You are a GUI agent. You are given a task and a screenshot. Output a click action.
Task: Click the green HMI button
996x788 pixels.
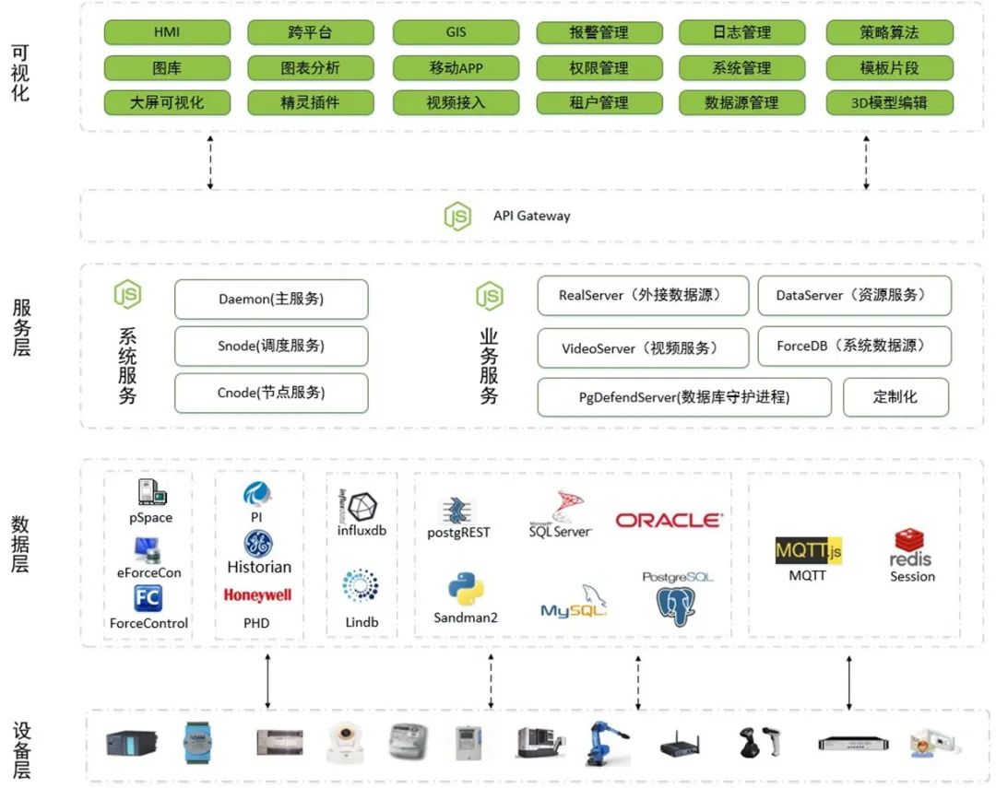click(x=167, y=32)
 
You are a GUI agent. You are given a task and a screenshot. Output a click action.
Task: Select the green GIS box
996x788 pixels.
click(x=456, y=32)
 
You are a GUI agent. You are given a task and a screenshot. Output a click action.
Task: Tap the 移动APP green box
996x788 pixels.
click(x=456, y=68)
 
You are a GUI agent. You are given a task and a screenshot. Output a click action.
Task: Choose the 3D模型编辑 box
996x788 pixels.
click(x=889, y=102)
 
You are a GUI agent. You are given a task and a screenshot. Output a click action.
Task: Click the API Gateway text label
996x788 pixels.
click(x=531, y=216)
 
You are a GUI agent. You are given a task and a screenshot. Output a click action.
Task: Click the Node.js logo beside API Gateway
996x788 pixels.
click(x=457, y=216)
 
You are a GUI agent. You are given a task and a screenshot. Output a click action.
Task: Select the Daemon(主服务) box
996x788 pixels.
click(x=271, y=300)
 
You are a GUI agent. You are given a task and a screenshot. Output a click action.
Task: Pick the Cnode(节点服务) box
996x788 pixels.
click(x=271, y=393)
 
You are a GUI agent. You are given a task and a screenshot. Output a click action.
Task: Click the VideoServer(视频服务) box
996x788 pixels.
click(x=642, y=348)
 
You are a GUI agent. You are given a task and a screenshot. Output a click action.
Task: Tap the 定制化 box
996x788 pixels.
click(x=895, y=397)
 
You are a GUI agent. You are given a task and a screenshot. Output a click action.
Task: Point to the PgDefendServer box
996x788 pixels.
click(x=684, y=397)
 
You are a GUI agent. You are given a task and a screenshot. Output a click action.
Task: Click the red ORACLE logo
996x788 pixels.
click(x=669, y=521)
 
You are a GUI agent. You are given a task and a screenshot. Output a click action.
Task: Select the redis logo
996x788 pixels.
click(x=910, y=547)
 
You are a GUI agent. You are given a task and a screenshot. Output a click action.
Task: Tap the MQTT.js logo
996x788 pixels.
click(x=808, y=551)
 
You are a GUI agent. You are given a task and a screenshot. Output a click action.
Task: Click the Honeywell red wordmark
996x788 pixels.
click(x=257, y=595)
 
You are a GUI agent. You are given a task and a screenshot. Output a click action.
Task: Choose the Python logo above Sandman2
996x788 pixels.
click(x=466, y=589)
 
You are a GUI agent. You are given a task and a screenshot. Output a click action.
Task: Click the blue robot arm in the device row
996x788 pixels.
click(x=605, y=743)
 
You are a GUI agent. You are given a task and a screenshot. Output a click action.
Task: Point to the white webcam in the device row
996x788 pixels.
click(x=344, y=742)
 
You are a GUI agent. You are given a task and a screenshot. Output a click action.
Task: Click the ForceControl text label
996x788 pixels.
click(x=148, y=623)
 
